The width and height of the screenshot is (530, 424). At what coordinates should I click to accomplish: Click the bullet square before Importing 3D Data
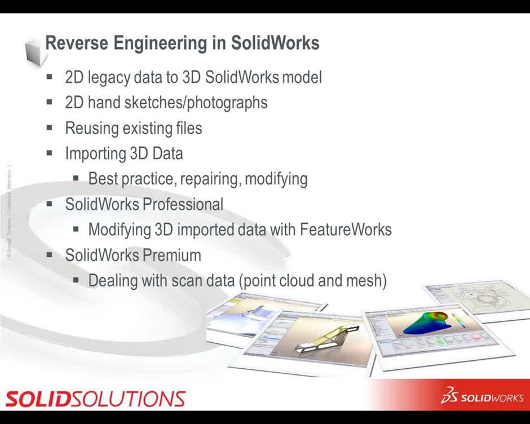[x=50, y=153]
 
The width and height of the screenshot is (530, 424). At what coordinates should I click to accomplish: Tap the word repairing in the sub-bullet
[x=211, y=179]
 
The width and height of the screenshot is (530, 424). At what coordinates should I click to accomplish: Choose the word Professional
[x=183, y=204]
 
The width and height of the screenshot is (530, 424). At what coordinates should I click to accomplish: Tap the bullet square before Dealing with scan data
[x=76, y=280]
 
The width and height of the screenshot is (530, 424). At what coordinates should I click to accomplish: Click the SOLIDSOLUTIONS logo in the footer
[x=95, y=399]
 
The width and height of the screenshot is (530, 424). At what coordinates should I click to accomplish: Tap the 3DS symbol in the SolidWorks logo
[x=449, y=396]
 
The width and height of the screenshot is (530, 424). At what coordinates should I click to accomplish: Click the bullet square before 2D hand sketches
[x=50, y=102]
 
